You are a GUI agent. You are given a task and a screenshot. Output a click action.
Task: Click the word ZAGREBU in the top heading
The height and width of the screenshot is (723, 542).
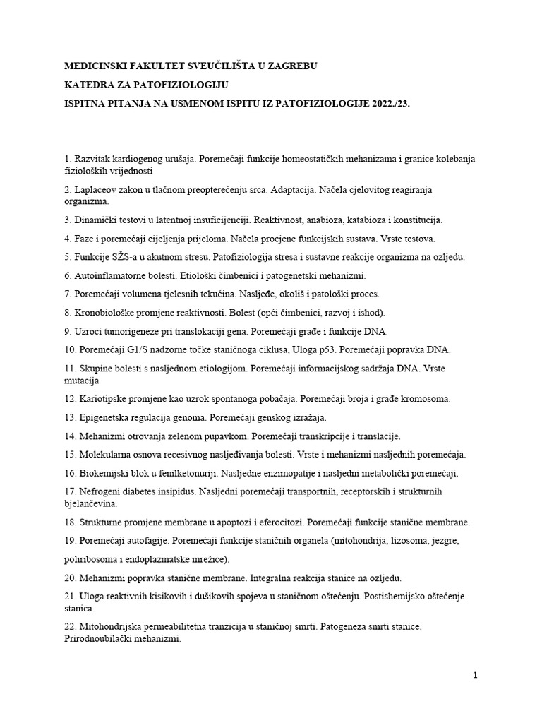pos(289,66)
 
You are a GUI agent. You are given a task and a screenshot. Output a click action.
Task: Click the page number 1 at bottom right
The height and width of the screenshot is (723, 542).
pos(475,676)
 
